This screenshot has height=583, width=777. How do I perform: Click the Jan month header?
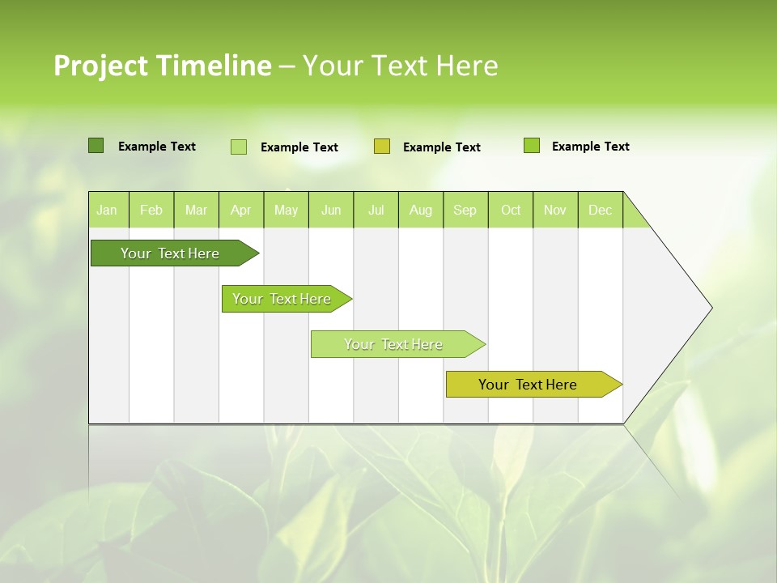[x=107, y=210]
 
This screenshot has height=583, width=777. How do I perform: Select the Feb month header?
[x=151, y=210]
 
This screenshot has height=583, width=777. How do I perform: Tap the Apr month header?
[x=240, y=210]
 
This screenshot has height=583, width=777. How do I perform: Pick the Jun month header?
[x=331, y=210]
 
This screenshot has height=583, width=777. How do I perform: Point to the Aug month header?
[x=420, y=210]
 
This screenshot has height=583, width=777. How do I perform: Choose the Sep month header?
[x=465, y=210]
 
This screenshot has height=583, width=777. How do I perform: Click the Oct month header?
[x=511, y=210]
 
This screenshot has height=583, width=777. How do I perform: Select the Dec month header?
[x=600, y=210]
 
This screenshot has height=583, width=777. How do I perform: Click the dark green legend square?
[x=96, y=146]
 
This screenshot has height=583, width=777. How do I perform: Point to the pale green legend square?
[x=239, y=147]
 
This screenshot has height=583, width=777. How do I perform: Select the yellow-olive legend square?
[x=382, y=147]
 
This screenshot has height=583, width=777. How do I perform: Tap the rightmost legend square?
[x=532, y=146]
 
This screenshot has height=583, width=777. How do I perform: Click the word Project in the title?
[x=101, y=66]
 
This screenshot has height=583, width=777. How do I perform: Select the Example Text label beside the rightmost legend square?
[x=590, y=147]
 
